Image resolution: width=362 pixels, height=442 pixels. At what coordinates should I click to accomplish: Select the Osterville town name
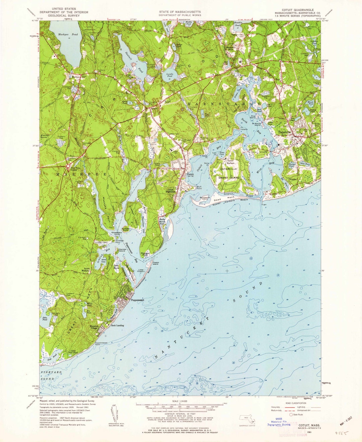(286, 132)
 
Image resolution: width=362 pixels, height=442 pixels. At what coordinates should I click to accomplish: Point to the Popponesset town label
(137, 300)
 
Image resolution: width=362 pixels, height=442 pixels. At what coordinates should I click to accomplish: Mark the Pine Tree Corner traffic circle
(68, 166)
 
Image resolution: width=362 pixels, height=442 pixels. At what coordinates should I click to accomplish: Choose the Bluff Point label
(199, 188)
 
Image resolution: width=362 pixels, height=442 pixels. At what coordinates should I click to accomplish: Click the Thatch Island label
(156, 263)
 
